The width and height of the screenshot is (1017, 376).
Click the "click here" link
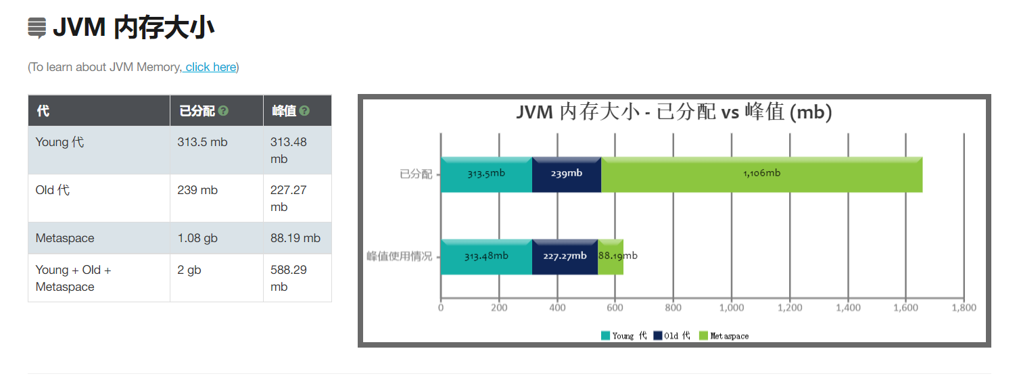click(210, 67)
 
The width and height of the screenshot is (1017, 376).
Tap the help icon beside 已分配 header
click(223, 111)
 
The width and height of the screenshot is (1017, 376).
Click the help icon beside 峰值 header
click(304, 111)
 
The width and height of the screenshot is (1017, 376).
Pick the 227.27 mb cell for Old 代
click(288, 198)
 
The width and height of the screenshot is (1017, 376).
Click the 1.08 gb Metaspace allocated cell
click(197, 238)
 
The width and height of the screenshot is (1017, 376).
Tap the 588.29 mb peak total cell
click(288, 278)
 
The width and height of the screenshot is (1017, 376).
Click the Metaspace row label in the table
click(65, 238)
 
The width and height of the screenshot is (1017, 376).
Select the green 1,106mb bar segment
click(761, 174)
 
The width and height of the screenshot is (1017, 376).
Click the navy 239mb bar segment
click(567, 174)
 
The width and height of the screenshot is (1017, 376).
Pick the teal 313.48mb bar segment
click(486, 257)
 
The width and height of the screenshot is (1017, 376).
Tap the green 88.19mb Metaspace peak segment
click(611, 257)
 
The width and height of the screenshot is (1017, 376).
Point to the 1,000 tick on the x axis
click(732, 308)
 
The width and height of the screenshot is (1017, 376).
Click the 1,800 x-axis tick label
click(964, 308)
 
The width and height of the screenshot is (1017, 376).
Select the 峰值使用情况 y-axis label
click(399, 257)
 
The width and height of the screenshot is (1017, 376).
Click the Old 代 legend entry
click(672, 335)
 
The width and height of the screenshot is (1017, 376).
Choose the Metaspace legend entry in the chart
click(724, 335)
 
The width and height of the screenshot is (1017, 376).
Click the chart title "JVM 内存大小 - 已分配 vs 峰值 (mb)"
click(673, 112)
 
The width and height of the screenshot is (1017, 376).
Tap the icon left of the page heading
click(37, 28)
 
